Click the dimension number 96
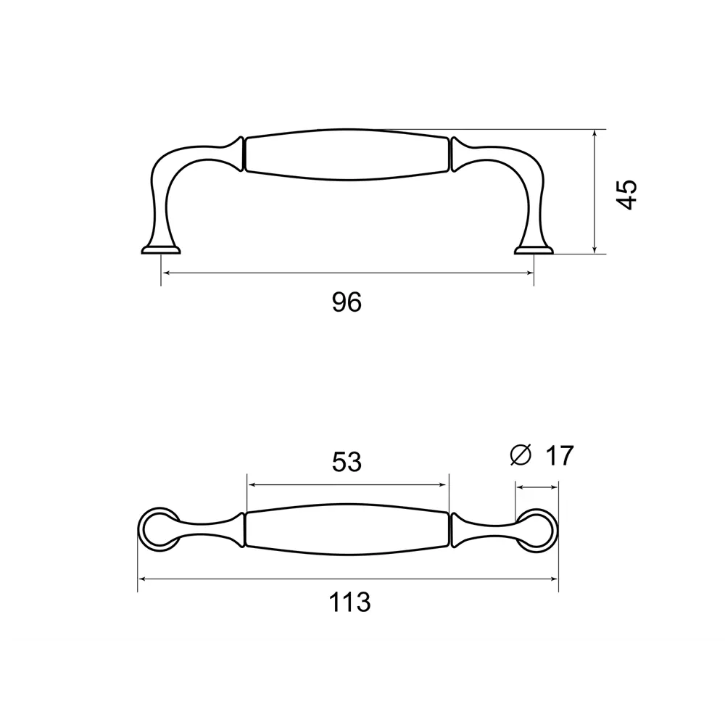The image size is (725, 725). point(347,302)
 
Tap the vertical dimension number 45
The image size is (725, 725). point(628,194)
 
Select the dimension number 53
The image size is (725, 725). point(347,463)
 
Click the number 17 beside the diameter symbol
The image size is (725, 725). point(559,456)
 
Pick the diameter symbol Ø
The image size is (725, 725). point(521,455)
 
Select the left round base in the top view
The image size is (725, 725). point(158,529)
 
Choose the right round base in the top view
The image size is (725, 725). point(537,529)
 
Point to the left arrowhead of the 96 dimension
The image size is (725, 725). point(165,273)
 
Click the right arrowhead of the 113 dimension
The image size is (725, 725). point(555,579)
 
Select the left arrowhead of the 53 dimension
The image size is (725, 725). point(251,484)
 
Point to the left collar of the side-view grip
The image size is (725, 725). point(239,154)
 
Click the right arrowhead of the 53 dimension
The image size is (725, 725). point(445,484)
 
